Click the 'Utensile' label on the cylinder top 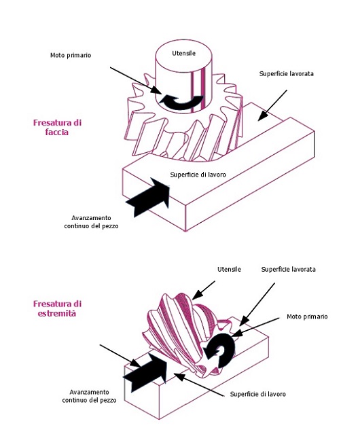(x=183, y=53)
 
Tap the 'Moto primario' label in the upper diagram (x=71, y=55)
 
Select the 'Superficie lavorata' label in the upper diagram (x=286, y=74)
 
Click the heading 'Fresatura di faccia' (x=57, y=127)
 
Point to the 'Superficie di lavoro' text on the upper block (x=198, y=175)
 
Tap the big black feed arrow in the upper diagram (x=148, y=197)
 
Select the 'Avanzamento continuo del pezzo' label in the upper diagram (x=91, y=222)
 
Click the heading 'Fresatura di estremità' (x=57, y=308)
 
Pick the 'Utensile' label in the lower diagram (x=229, y=269)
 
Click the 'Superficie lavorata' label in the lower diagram (x=289, y=269)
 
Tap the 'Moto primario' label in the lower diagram (x=307, y=317)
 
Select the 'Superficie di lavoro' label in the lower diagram (x=258, y=394)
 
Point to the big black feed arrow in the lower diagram (x=145, y=372)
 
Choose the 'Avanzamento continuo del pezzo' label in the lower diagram (x=89, y=396)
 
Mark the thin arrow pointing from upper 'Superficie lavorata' (x=272, y=105)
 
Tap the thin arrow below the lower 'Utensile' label (x=204, y=291)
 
